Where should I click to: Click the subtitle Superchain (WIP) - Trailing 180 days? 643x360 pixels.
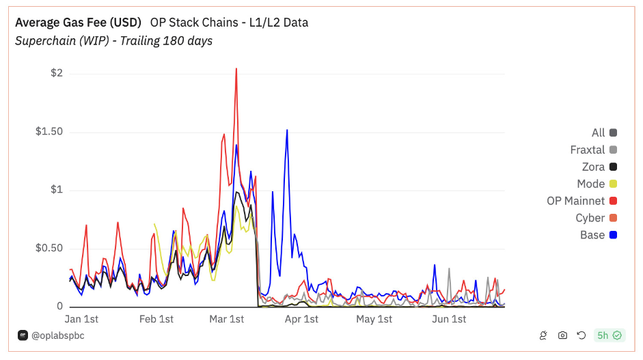click(113, 41)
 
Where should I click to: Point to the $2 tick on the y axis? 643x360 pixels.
click(57, 73)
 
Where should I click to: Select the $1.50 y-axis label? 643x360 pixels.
click(49, 132)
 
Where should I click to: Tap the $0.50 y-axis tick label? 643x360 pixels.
click(49, 248)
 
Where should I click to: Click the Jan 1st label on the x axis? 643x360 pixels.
click(81, 319)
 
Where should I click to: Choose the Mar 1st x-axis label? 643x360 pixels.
click(227, 319)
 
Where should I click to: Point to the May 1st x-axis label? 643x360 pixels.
click(375, 319)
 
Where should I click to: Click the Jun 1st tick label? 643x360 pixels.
click(450, 319)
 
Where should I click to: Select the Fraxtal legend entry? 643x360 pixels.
click(588, 150)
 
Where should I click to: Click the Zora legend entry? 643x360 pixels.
click(593, 167)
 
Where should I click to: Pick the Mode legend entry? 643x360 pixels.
click(591, 184)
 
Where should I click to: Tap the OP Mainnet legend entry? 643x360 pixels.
click(576, 201)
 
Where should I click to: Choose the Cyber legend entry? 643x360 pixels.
click(590, 218)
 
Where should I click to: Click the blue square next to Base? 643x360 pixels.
click(613, 235)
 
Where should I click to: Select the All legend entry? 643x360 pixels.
click(599, 133)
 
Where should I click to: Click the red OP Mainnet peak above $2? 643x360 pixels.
click(236, 69)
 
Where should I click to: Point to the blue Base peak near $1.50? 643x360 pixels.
click(287, 130)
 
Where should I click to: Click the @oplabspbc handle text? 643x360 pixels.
click(57, 335)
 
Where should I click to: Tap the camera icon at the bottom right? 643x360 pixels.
click(562, 335)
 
